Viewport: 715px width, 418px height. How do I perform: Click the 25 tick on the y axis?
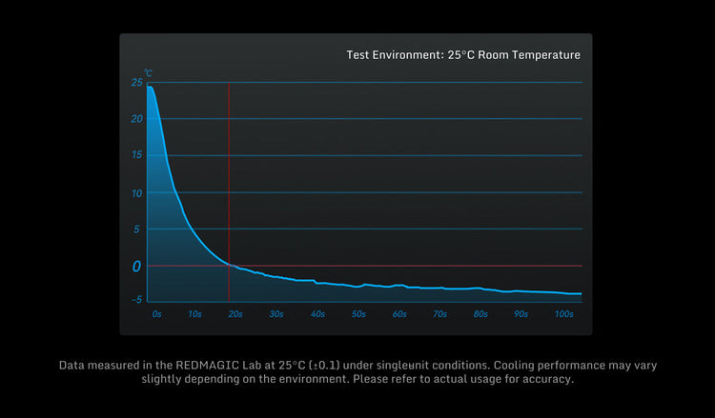137,83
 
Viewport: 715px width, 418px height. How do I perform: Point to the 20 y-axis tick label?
137,119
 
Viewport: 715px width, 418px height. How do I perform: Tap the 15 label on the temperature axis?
137,155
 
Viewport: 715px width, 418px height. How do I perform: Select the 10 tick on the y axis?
137,192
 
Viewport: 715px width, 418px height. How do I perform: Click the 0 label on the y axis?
136,267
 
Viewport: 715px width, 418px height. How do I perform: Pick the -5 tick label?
136,299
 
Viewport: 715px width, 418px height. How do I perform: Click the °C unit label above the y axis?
148,71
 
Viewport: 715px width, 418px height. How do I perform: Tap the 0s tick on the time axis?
156,313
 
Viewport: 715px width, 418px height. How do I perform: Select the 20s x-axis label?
235,313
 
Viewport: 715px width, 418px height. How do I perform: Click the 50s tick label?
358,313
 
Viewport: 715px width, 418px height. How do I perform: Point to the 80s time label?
480,313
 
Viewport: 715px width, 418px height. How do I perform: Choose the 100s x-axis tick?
563,313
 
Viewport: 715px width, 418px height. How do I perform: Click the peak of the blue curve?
150,87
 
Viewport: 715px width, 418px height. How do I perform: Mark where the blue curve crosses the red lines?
229,265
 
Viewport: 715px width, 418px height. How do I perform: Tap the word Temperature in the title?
543,55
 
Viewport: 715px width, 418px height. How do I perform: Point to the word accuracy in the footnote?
546,380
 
